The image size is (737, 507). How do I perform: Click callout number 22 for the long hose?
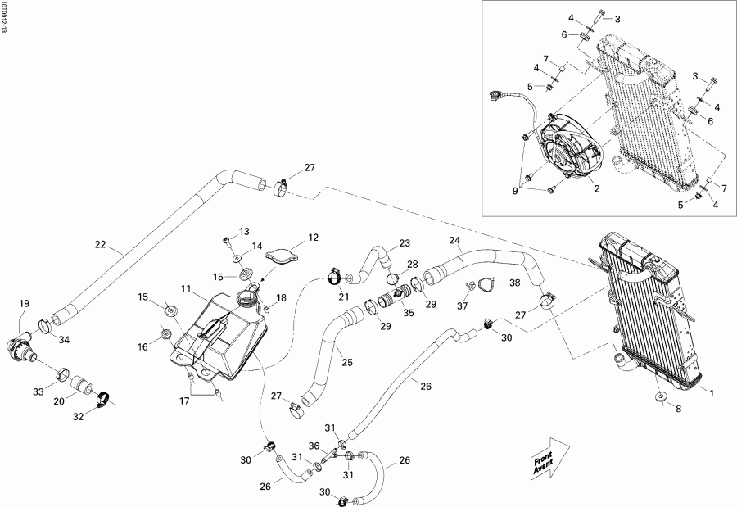pyautogui.click(x=100, y=245)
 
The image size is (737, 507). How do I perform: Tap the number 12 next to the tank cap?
pyautogui.click(x=313, y=238)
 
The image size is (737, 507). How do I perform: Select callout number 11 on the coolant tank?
pyautogui.click(x=187, y=289)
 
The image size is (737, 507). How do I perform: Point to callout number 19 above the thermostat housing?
pyautogui.click(x=23, y=304)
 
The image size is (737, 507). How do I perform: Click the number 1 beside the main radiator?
pyautogui.click(x=712, y=393)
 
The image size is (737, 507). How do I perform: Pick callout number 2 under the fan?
pyautogui.click(x=597, y=188)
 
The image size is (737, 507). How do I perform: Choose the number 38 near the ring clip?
pyautogui.click(x=515, y=283)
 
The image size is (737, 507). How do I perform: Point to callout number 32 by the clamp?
pyautogui.click(x=79, y=417)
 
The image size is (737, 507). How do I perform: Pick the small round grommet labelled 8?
pyautogui.click(x=661, y=399)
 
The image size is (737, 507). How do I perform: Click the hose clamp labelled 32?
pyautogui.click(x=103, y=401)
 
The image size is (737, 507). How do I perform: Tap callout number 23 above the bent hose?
pyautogui.click(x=405, y=243)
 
